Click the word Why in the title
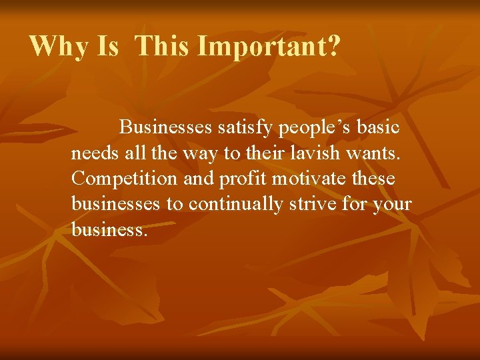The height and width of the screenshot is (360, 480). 59,47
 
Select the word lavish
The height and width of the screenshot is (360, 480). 329,153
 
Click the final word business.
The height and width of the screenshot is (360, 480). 108,230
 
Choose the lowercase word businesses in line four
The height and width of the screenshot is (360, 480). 116,205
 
